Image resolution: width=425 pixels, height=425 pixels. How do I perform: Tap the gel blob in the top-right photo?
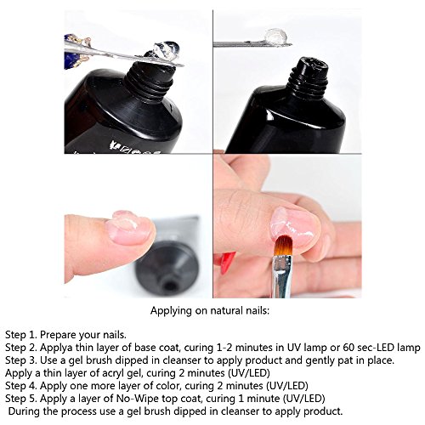275,37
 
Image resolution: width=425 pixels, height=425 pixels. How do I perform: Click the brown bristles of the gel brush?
284,246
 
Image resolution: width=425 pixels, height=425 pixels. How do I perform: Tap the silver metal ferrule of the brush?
281,276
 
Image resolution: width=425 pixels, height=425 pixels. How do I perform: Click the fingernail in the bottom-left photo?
128,228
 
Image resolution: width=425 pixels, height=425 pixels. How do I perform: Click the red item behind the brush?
224,261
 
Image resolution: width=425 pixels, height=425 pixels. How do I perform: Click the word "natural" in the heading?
225,311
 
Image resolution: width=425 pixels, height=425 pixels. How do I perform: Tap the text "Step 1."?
21,335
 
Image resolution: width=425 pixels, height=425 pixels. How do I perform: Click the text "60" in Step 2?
348,348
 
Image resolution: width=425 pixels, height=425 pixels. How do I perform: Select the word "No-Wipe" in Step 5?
138,399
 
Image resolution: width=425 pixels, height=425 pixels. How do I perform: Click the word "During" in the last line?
24,411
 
